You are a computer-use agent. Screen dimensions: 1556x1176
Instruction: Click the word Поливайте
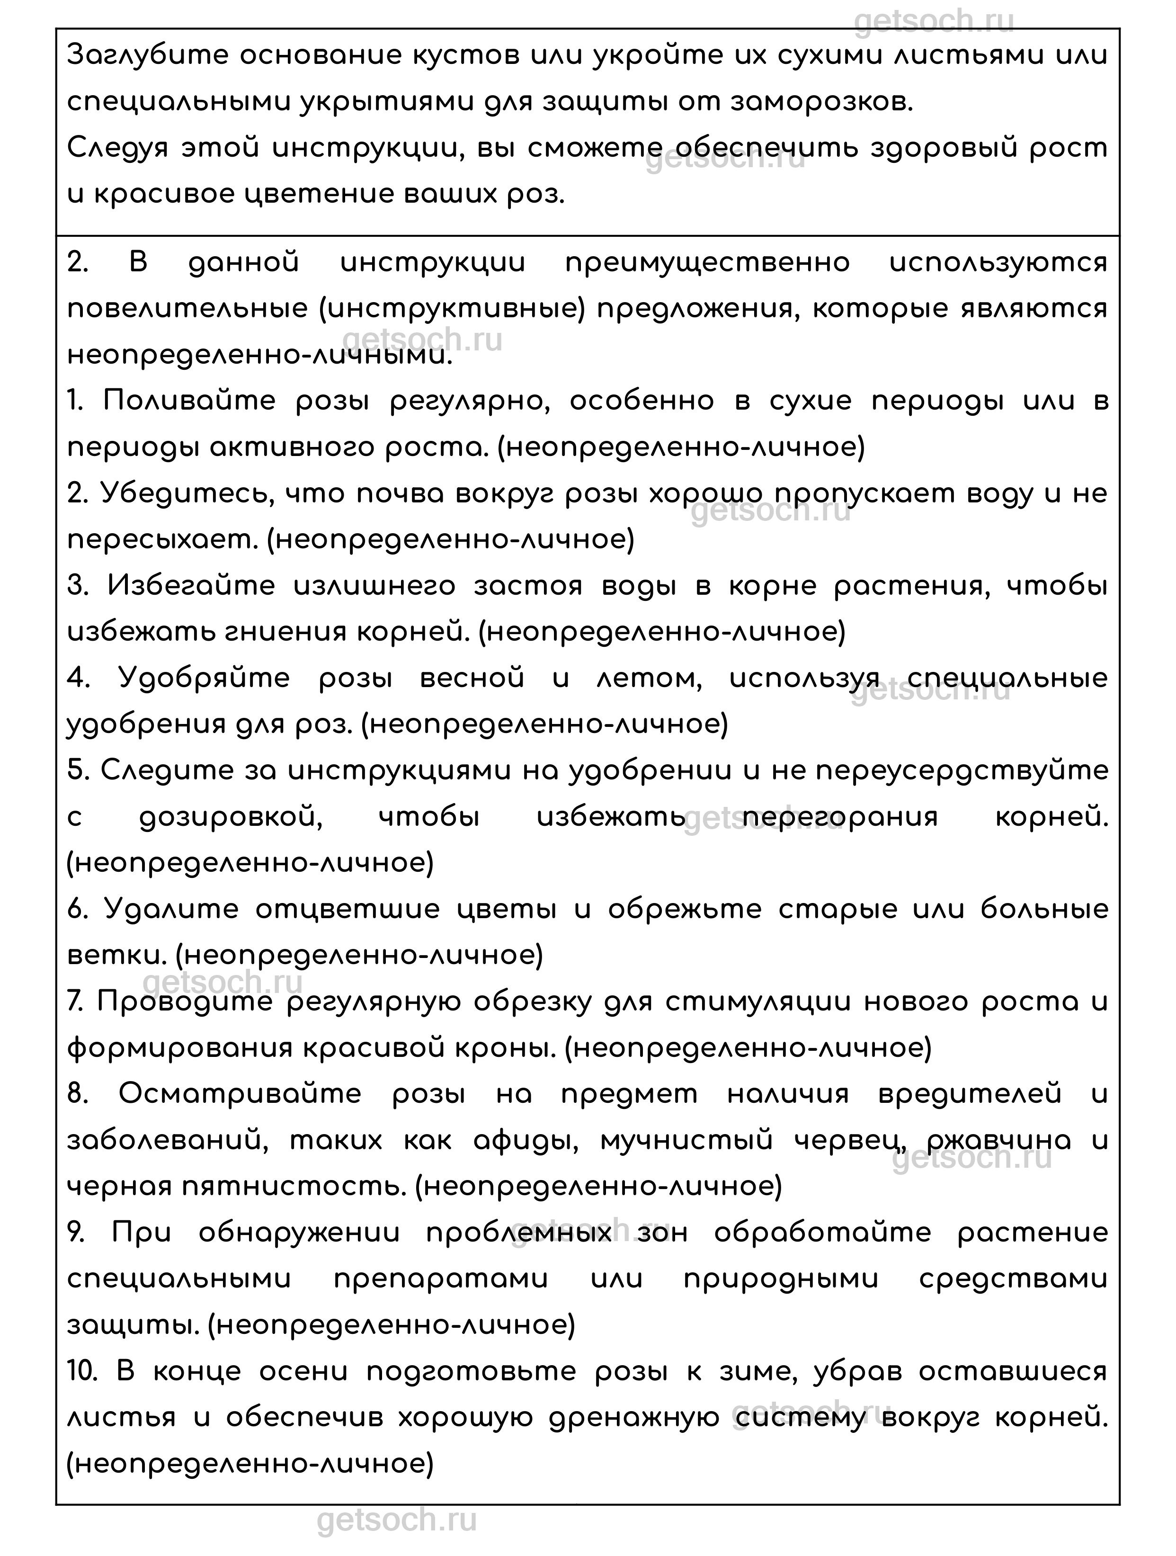click(190, 401)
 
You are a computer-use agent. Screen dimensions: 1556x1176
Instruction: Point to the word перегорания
click(840, 817)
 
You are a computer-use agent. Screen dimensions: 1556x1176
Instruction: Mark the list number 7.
click(76, 1002)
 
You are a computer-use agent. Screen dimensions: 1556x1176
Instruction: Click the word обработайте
click(822, 1233)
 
